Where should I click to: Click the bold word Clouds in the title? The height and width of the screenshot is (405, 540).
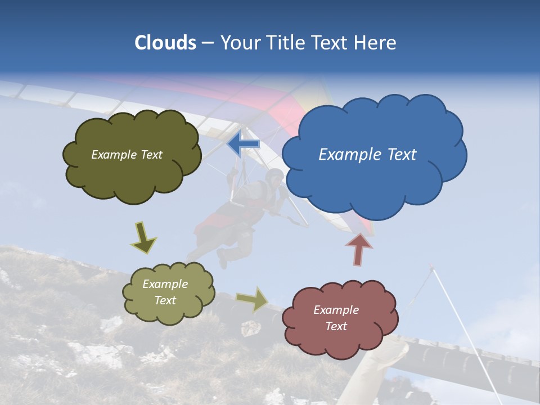tap(165, 43)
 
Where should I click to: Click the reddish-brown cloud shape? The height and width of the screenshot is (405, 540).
tap(340, 337)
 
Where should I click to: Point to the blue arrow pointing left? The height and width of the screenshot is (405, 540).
tap(243, 143)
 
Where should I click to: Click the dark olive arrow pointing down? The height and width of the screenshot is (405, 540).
tap(143, 237)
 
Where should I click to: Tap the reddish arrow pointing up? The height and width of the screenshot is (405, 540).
tap(359, 249)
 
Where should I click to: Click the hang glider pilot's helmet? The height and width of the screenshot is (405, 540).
tap(275, 176)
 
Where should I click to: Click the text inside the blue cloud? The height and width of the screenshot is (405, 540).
tap(367, 155)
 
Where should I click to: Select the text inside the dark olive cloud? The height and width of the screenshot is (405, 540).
tap(127, 155)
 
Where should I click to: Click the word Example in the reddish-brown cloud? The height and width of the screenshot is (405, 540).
tap(336, 310)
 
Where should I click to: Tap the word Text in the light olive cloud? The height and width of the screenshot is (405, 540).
tap(165, 300)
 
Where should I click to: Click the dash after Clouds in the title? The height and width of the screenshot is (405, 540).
tap(208, 43)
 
